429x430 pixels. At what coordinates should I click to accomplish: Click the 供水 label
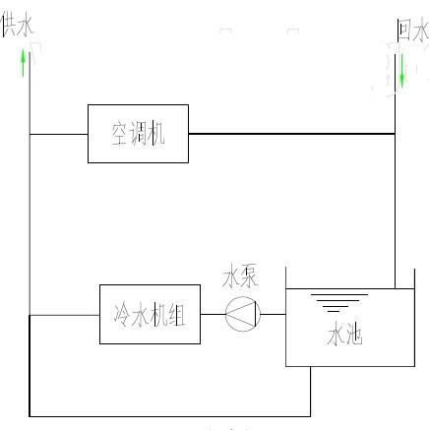tap(17, 26)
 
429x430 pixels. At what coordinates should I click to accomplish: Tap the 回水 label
tap(412, 31)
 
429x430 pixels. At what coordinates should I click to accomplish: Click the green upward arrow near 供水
tap(23, 63)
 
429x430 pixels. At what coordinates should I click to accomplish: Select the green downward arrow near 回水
tap(401, 71)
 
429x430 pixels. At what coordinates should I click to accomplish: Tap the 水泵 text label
tap(240, 277)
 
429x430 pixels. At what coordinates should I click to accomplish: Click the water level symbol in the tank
tap(338, 303)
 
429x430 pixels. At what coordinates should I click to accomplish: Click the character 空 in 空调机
tap(120, 134)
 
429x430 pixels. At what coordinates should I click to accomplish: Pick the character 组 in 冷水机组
tap(177, 314)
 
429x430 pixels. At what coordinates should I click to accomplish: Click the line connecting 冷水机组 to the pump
tap(213, 314)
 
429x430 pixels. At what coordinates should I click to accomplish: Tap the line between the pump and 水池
tap(274, 314)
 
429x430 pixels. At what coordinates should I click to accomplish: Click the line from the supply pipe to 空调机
tap(59, 134)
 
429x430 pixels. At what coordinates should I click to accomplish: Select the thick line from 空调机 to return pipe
tap(291, 134)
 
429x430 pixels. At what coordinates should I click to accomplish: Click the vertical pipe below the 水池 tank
tap(310, 392)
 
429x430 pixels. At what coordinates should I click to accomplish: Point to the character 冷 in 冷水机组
tap(122, 314)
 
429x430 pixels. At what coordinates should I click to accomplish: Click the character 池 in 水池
tap(354, 335)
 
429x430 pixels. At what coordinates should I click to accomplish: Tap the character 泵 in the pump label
tap(250, 277)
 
